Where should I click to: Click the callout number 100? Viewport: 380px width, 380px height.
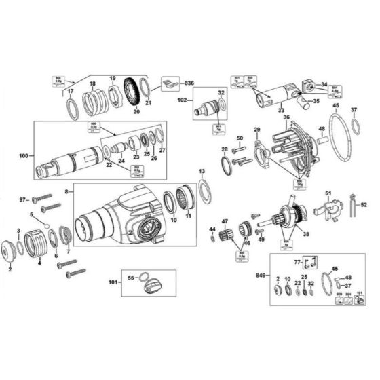[x=24, y=156]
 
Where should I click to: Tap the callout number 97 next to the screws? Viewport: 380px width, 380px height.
[x=22, y=200]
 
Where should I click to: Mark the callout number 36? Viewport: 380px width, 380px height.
[x=287, y=117]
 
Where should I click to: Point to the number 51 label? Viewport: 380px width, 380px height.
[x=328, y=193]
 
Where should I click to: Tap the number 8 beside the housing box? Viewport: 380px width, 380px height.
[x=66, y=193]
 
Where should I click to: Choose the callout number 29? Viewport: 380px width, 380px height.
[x=257, y=129]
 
